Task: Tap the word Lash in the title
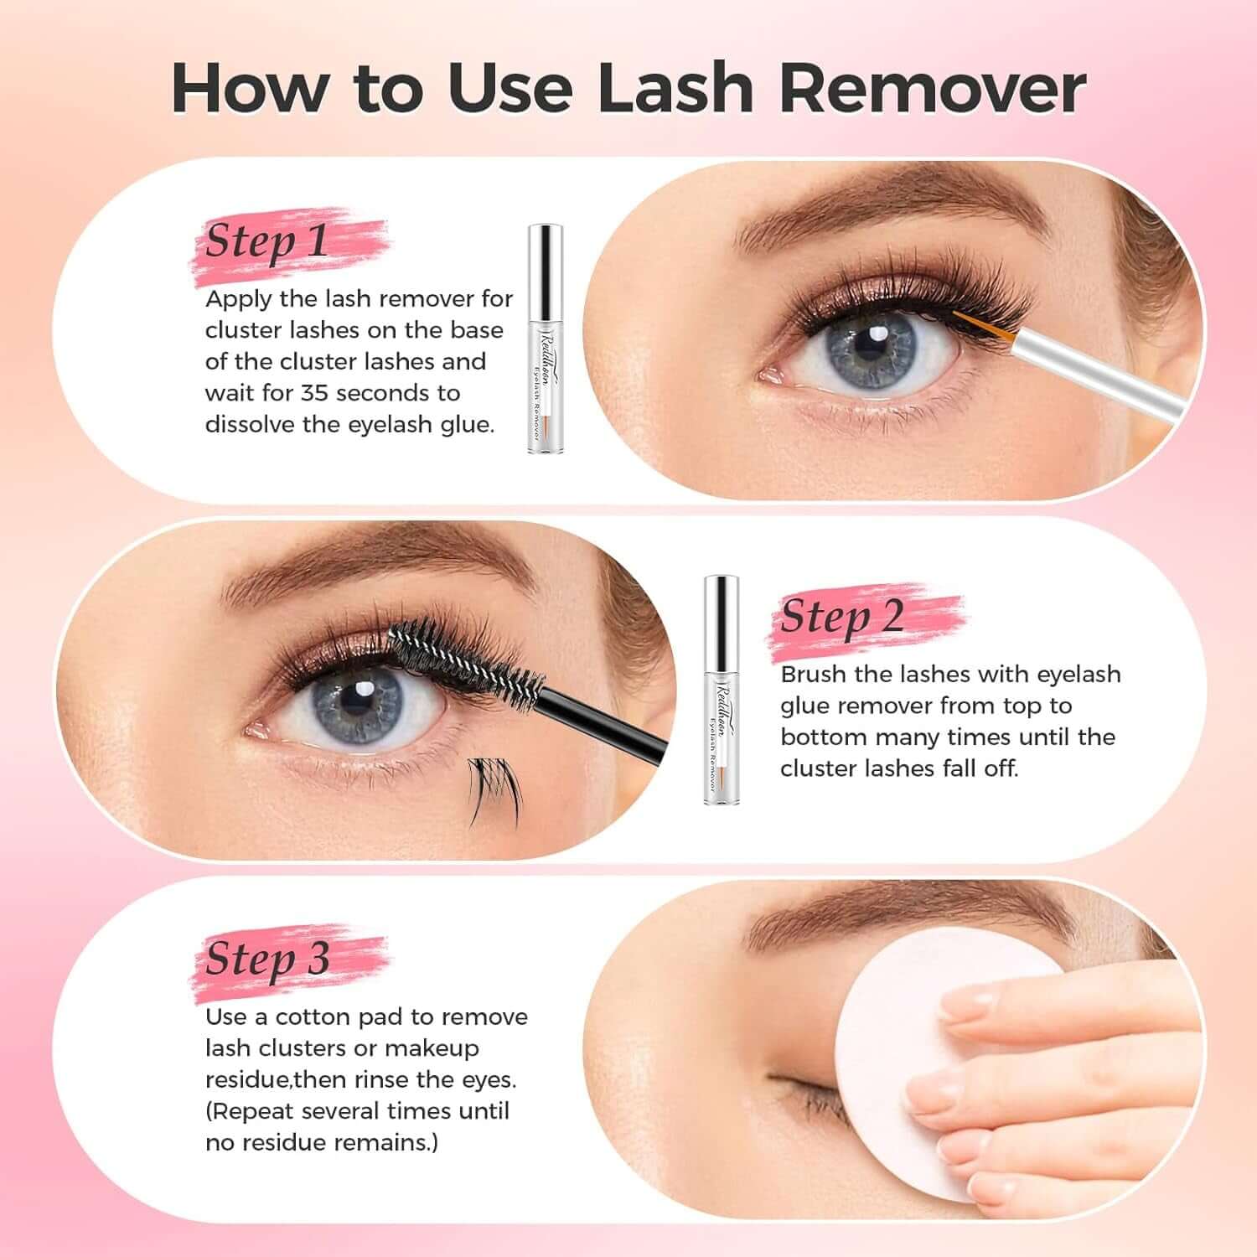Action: tap(675, 89)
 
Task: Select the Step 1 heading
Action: tap(266, 241)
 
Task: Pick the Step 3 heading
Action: tap(267, 959)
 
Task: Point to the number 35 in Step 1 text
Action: tap(314, 393)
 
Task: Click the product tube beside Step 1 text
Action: tap(545, 339)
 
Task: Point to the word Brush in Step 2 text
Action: tap(813, 675)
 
